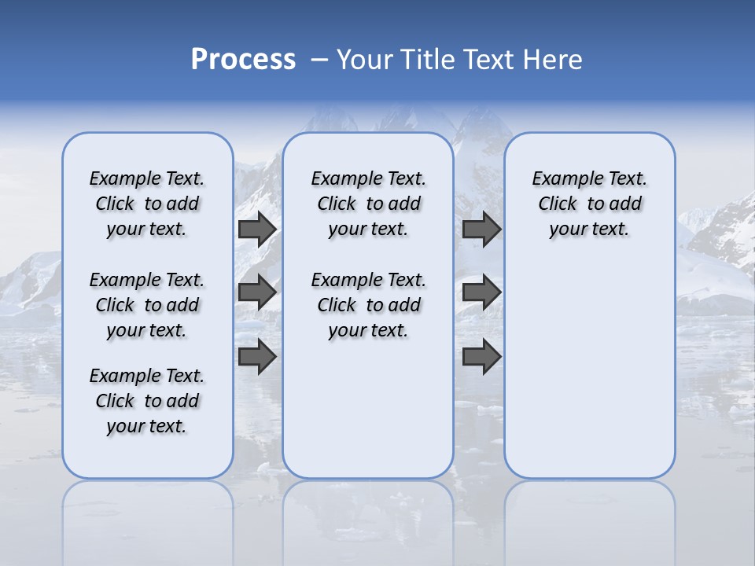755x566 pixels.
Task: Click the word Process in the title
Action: click(243, 60)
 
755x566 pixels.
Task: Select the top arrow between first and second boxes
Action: click(257, 230)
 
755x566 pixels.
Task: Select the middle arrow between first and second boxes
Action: click(257, 292)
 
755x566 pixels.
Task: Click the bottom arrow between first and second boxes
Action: click(257, 356)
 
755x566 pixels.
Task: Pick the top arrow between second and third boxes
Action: click(481, 230)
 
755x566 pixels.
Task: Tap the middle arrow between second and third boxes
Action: click(481, 292)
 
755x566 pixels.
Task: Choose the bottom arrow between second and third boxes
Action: click(481, 356)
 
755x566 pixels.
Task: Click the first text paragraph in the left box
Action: click(147, 204)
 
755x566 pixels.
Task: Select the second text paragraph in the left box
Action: click(147, 305)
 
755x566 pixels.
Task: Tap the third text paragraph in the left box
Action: click(147, 401)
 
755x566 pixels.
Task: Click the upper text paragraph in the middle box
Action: click(368, 204)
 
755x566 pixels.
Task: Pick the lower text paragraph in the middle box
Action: click(368, 305)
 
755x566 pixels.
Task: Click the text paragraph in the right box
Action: click(589, 204)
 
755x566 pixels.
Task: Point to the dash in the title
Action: click(319, 61)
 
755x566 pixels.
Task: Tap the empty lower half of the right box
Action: click(589, 377)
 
